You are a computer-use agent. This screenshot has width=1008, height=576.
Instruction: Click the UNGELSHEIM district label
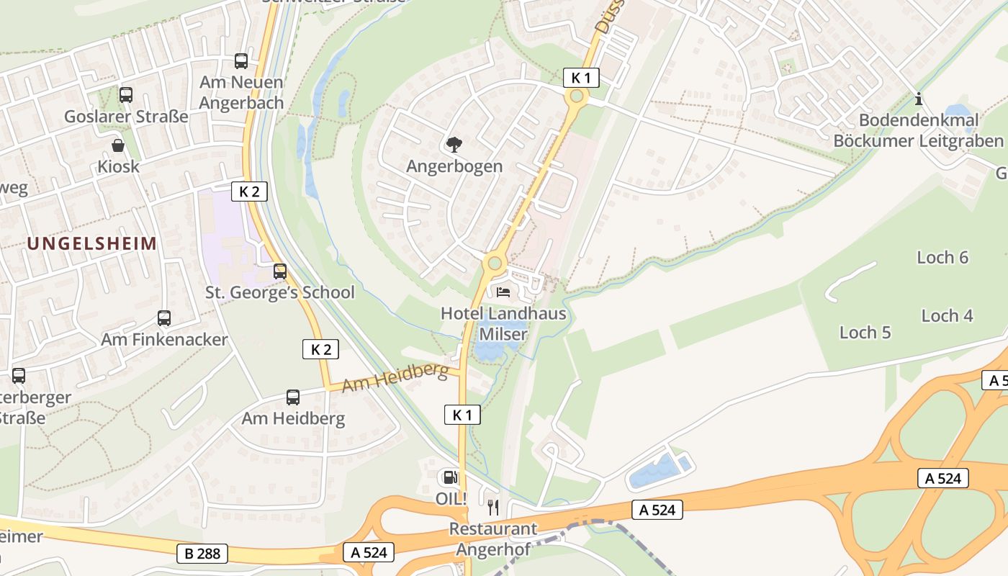(91, 243)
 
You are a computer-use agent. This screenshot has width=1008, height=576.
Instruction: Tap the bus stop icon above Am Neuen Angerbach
(241, 61)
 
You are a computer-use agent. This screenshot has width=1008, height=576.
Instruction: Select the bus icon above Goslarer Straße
(126, 94)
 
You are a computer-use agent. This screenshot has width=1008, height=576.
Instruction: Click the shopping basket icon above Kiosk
(118, 146)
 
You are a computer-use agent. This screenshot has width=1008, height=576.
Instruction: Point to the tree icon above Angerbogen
(454, 145)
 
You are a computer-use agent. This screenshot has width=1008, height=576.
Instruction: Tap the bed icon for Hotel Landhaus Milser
(503, 292)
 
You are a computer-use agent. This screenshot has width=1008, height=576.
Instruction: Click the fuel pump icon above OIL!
(450, 477)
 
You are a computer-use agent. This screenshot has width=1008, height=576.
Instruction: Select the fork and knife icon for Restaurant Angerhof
(493, 508)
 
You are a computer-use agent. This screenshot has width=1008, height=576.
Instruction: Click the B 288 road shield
(202, 554)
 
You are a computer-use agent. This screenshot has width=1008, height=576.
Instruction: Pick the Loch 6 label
(942, 257)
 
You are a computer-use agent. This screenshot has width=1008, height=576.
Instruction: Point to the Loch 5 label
(865, 332)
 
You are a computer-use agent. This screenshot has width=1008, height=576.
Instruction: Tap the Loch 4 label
(947, 315)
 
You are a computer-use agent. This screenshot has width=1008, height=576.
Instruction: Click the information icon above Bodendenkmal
(918, 99)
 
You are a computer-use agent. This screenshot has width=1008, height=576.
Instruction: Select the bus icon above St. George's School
(280, 271)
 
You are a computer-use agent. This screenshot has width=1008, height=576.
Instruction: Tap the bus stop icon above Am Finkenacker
(164, 318)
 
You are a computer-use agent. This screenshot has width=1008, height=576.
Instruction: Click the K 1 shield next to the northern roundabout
(580, 78)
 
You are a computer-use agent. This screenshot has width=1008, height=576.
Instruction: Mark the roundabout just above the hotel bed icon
(494, 263)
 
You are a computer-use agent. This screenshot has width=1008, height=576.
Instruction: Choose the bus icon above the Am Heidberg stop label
(293, 397)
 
